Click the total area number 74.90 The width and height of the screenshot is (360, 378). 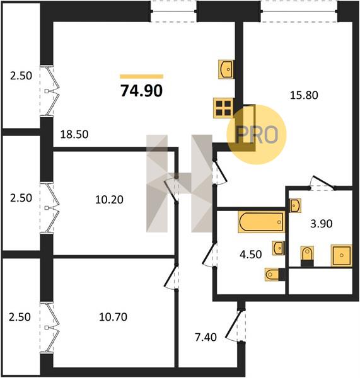(x=142, y=91)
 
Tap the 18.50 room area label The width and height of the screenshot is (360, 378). (x=74, y=134)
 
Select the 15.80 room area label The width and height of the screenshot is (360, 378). (x=304, y=95)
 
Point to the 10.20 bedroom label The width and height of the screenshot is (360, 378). (x=109, y=200)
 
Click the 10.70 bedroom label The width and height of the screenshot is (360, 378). (x=113, y=317)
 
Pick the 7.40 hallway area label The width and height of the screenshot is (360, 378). (x=206, y=337)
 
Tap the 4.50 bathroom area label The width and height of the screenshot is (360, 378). (x=251, y=255)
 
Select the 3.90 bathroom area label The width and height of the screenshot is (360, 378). (x=322, y=224)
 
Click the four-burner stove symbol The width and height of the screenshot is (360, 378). (x=223, y=108)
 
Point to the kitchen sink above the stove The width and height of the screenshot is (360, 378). (x=226, y=69)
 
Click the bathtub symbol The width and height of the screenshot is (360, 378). (x=261, y=222)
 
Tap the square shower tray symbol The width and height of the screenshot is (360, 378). (x=342, y=255)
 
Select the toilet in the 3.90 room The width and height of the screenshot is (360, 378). (x=307, y=256)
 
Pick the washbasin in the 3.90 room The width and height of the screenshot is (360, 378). (x=295, y=205)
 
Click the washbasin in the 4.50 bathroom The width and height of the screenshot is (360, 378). (x=279, y=248)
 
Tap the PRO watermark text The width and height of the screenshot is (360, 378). (x=257, y=135)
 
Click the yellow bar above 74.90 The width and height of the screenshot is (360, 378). (x=142, y=77)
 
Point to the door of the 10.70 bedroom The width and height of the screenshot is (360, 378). (x=171, y=277)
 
